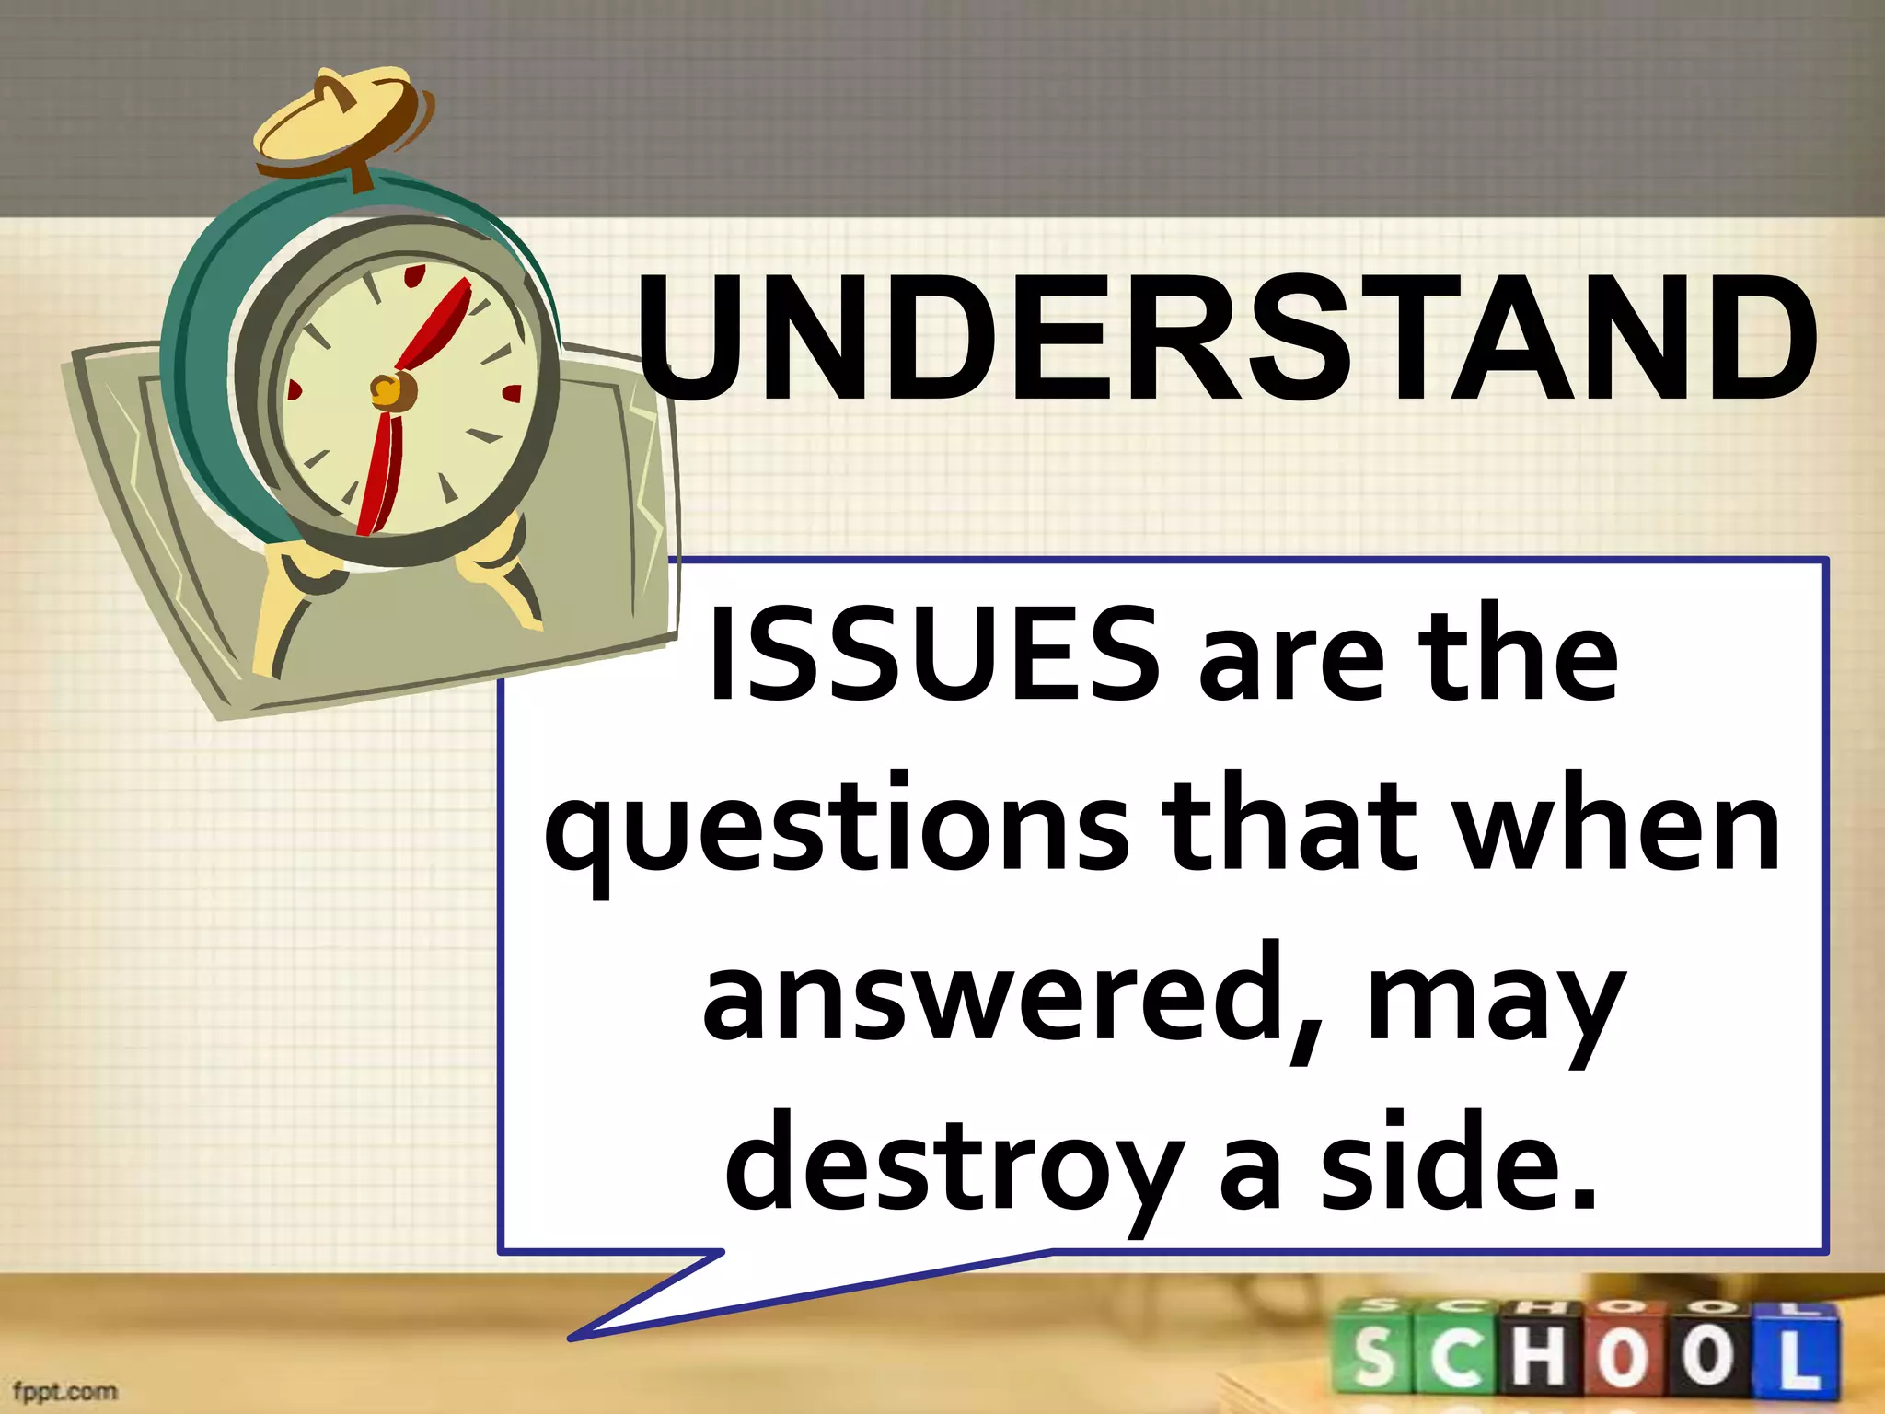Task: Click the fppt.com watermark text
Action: [x=65, y=1390]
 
